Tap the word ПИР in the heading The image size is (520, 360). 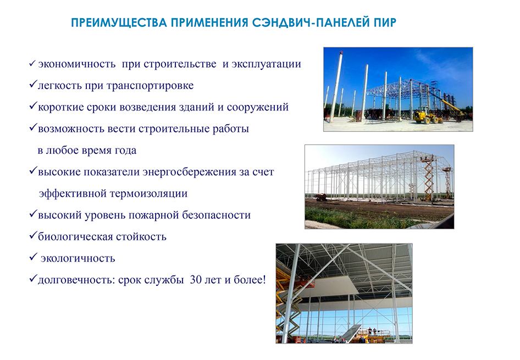coord(385,23)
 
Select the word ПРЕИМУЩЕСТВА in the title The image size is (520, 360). coord(119,23)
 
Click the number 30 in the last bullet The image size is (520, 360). coord(196,280)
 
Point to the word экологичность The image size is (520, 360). coord(78,258)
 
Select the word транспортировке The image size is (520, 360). coord(150,86)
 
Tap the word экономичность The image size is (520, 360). coord(76,64)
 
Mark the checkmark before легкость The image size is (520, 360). coord(32,84)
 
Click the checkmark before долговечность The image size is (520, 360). coord(32,279)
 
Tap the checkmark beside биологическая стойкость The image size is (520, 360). coord(32,235)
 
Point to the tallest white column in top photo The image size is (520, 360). coord(336,87)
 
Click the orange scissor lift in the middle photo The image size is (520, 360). coord(428,178)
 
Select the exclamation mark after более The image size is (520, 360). coord(264,280)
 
